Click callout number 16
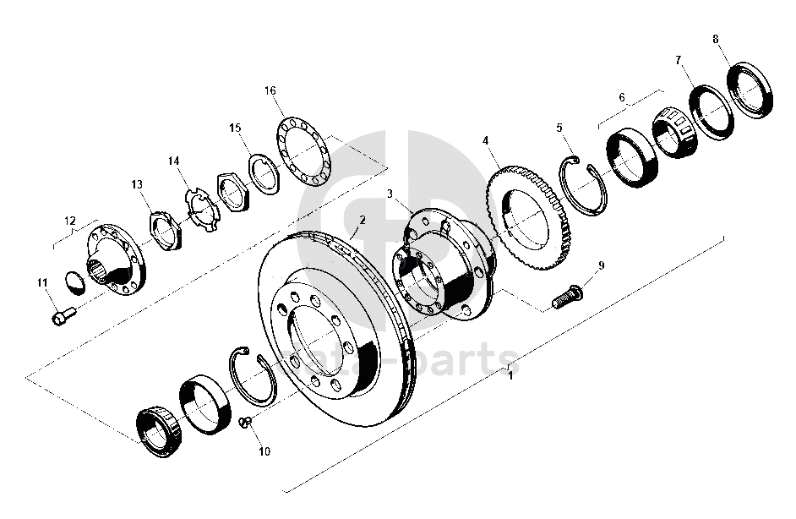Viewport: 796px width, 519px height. tap(270, 90)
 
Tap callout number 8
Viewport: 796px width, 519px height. tap(716, 39)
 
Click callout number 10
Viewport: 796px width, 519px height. tap(264, 451)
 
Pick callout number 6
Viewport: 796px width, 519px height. tap(622, 98)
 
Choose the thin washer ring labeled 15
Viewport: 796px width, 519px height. tap(264, 173)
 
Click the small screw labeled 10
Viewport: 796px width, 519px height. tap(244, 423)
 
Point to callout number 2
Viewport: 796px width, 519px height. tap(363, 220)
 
